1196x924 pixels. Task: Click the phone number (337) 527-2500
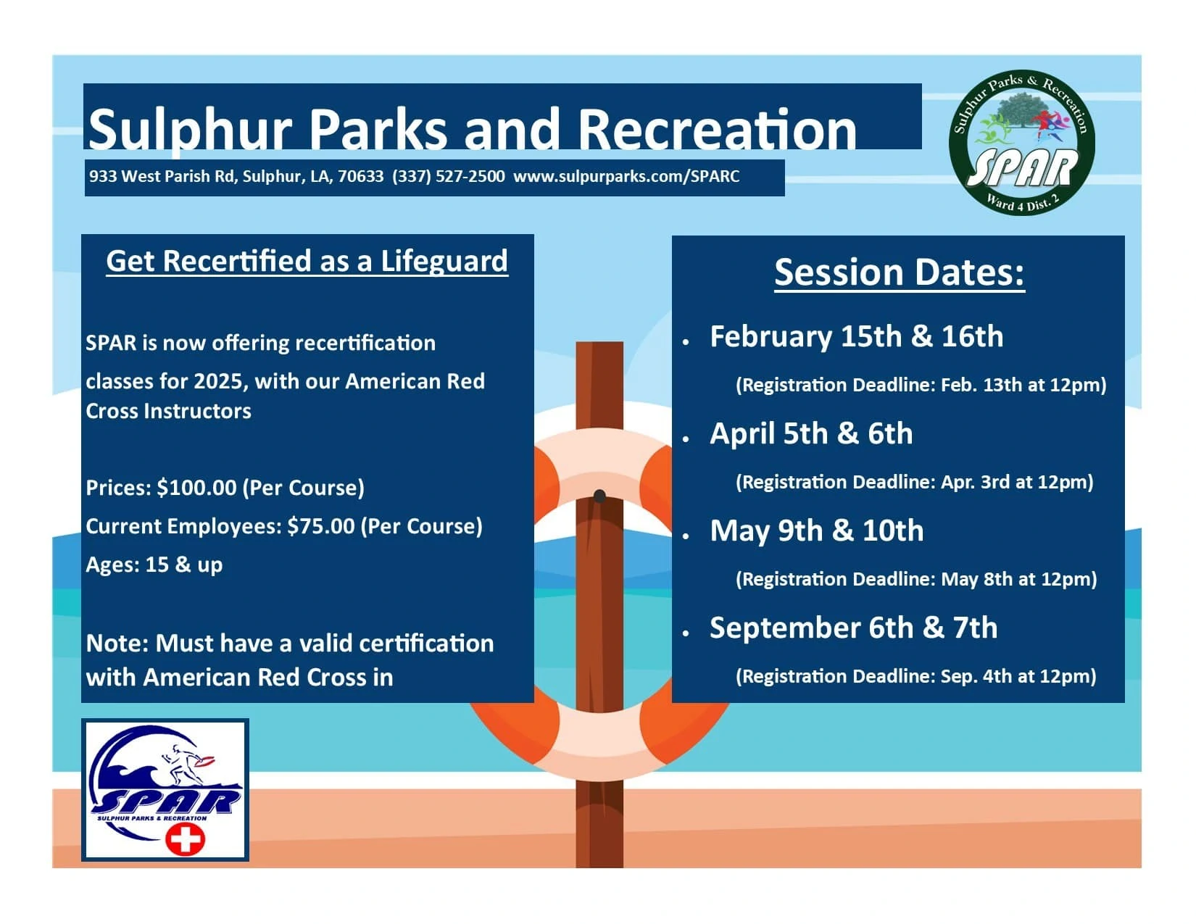pos(448,176)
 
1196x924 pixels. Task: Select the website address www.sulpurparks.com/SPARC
pos(626,176)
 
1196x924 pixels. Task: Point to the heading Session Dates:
pos(900,272)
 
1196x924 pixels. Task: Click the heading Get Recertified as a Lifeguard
pos(307,261)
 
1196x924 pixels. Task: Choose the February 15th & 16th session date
pos(857,336)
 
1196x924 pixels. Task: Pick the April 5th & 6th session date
pos(811,433)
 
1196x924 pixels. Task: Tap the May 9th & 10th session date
pos(817,531)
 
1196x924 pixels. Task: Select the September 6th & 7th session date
pos(854,628)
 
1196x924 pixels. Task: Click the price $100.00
pos(196,488)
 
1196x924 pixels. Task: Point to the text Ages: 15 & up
pos(154,565)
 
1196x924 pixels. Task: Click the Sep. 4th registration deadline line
pos(916,676)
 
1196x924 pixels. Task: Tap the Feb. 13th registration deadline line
pos(921,385)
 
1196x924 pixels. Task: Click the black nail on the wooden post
pos(599,496)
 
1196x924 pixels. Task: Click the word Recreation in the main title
pos(717,130)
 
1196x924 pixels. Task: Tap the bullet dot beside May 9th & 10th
pos(686,536)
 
